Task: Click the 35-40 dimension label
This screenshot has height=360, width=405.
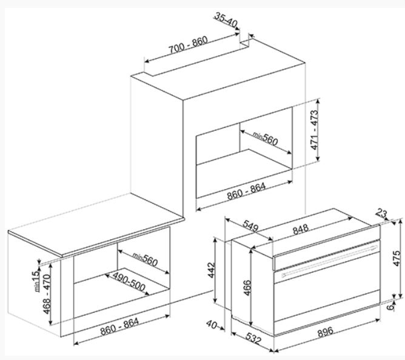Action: [x=226, y=20]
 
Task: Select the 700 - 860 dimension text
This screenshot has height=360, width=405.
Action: [x=188, y=45]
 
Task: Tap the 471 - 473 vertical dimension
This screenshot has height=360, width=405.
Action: [x=314, y=130]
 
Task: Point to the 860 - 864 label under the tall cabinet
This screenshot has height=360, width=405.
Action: [x=246, y=192]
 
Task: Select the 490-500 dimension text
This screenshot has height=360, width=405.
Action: [x=129, y=281]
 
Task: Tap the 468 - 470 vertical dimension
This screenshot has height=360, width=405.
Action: [x=47, y=294]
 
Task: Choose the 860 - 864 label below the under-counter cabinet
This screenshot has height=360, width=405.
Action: [x=119, y=326]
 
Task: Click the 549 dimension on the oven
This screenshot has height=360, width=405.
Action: [x=250, y=226]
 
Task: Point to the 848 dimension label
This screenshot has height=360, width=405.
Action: [x=301, y=229]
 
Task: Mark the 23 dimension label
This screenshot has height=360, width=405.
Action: [x=381, y=213]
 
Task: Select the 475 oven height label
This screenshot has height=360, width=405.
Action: [x=397, y=259]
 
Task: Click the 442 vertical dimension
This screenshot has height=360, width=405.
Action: [x=212, y=270]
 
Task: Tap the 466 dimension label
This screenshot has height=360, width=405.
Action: [x=247, y=288]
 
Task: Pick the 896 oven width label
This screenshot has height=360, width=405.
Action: [x=325, y=332]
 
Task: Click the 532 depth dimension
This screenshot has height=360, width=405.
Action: [x=253, y=339]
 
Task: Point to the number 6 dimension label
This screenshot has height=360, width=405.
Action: [x=391, y=307]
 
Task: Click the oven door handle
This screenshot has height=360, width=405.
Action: [x=329, y=261]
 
